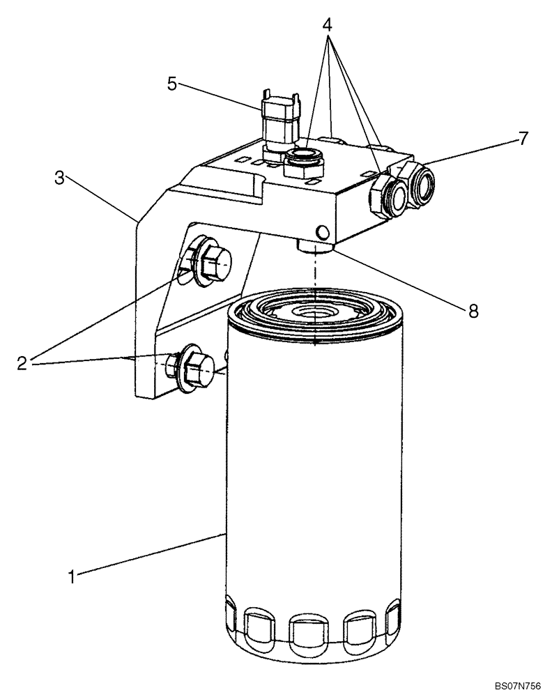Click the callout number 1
[71, 576]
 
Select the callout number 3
[60, 178]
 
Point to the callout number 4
[328, 25]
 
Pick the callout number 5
[171, 84]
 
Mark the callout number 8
[473, 311]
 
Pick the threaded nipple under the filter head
[316, 246]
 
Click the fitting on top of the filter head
[304, 158]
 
